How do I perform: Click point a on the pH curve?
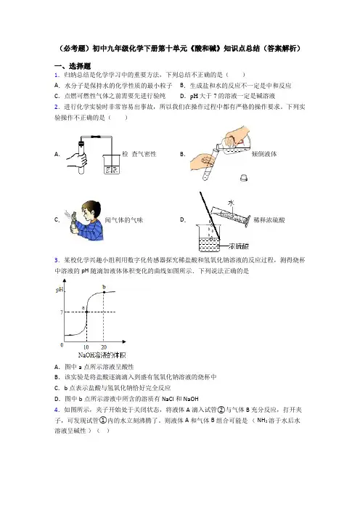(x=86, y=312)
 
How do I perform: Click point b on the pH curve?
(x=104, y=292)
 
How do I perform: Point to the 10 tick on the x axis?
(x=86, y=347)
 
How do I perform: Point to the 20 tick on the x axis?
(x=104, y=347)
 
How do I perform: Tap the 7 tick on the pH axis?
(x=62, y=312)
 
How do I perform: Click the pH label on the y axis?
(x=60, y=289)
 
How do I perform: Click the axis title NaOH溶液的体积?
(x=102, y=355)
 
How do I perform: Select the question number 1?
(x=57, y=75)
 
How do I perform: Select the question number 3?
(x=57, y=260)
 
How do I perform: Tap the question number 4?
(x=57, y=410)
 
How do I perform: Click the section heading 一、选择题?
(x=73, y=66)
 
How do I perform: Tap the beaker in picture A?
(x=112, y=164)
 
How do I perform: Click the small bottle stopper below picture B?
(x=244, y=177)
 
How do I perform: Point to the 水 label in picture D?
(x=231, y=203)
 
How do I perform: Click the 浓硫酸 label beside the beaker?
(x=239, y=246)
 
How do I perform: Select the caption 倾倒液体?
(x=264, y=154)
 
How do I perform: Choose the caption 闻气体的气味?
(x=124, y=220)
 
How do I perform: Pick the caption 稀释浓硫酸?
(x=269, y=220)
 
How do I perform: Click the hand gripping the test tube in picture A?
(x=78, y=159)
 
